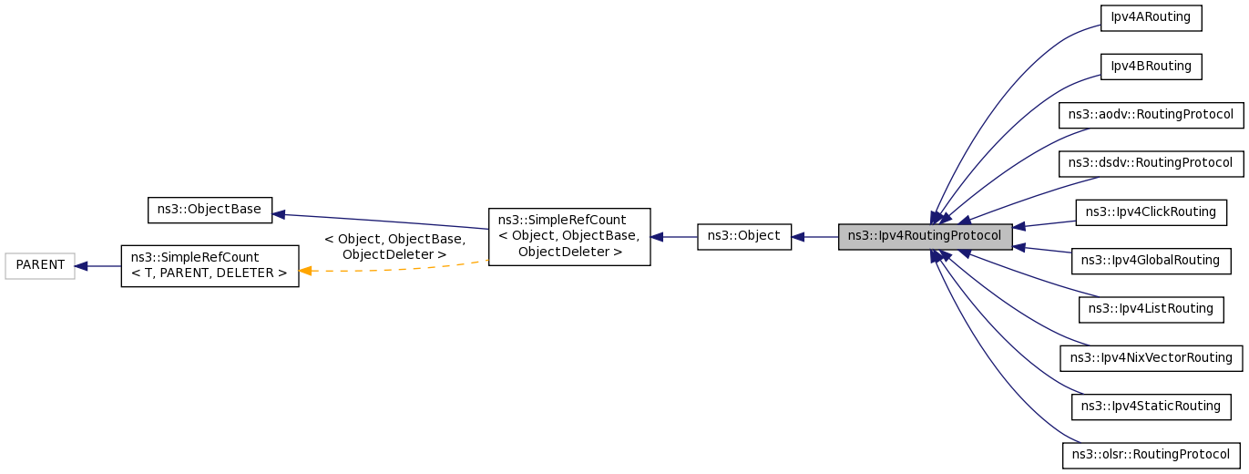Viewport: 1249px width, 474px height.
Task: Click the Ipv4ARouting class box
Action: [1152, 18]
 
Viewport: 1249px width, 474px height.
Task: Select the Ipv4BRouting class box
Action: [1152, 67]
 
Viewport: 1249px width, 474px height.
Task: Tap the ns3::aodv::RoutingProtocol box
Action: [1151, 115]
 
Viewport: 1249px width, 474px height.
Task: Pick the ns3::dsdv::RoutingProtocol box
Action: [1151, 163]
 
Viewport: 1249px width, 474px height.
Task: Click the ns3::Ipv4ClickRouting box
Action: [1152, 211]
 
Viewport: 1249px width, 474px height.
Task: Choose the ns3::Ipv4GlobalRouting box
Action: [1150, 260]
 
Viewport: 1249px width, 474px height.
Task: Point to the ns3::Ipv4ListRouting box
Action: [1151, 309]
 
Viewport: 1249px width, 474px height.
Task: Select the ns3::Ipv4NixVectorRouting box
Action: [1151, 357]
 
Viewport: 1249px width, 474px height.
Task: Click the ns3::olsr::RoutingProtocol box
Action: [1152, 455]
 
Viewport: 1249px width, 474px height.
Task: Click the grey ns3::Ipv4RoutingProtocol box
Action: [926, 236]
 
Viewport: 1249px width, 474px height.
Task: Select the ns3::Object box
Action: [744, 236]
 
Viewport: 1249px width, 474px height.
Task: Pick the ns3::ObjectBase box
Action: [210, 210]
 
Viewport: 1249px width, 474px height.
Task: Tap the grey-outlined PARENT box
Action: [40, 265]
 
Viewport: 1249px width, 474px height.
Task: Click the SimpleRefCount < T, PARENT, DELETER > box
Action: [210, 265]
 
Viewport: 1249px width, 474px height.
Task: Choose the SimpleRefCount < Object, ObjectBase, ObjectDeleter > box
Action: [569, 236]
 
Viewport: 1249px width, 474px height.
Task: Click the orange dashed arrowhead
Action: [307, 271]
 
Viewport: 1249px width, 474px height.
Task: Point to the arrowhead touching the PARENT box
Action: [81, 266]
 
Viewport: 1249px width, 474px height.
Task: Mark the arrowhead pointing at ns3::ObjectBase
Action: [280, 214]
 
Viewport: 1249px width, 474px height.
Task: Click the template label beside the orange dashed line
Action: [394, 247]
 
